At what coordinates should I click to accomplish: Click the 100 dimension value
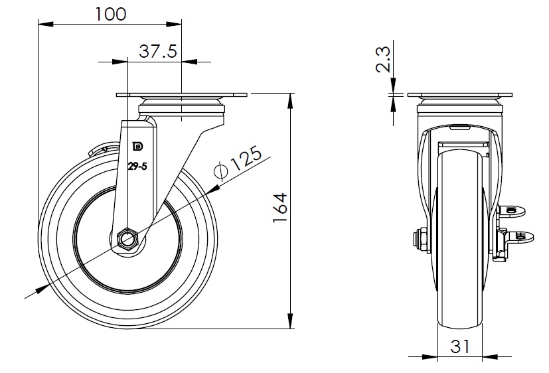pyautogui.click(x=111, y=14)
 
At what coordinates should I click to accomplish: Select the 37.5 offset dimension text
pyautogui.click(x=158, y=51)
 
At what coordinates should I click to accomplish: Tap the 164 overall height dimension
pyautogui.click(x=280, y=207)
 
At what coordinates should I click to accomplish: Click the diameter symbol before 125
pyautogui.click(x=220, y=171)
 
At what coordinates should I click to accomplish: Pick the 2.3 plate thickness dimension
pyautogui.click(x=382, y=60)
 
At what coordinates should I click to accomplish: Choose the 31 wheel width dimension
pyautogui.click(x=460, y=346)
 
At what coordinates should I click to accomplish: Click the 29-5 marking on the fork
pyautogui.click(x=137, y=166)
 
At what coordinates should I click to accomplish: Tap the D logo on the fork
pyautogui.click(x=137, y=146)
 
